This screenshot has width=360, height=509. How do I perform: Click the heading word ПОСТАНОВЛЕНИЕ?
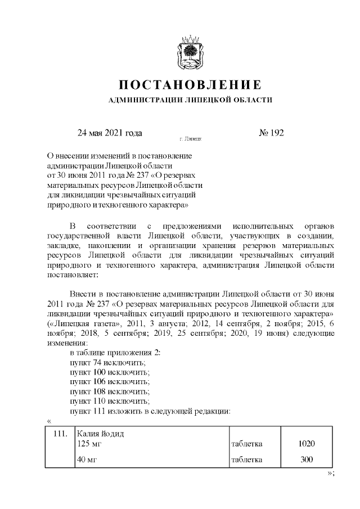tap(190, 85)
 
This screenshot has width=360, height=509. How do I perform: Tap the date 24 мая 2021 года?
tap(110, 133)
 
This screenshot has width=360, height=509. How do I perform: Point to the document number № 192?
tap(271, 133)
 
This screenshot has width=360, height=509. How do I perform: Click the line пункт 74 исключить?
tap(107, 362)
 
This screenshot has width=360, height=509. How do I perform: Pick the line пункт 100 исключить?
tap(110, 372)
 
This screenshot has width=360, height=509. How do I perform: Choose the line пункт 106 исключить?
tap(110, 382)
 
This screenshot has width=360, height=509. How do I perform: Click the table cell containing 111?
tap(60, 434)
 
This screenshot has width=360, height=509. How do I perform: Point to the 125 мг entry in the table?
tap(89, 444)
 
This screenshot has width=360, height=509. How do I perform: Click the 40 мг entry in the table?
tap(87, 460)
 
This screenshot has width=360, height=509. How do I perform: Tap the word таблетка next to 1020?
tap(247, 444)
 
